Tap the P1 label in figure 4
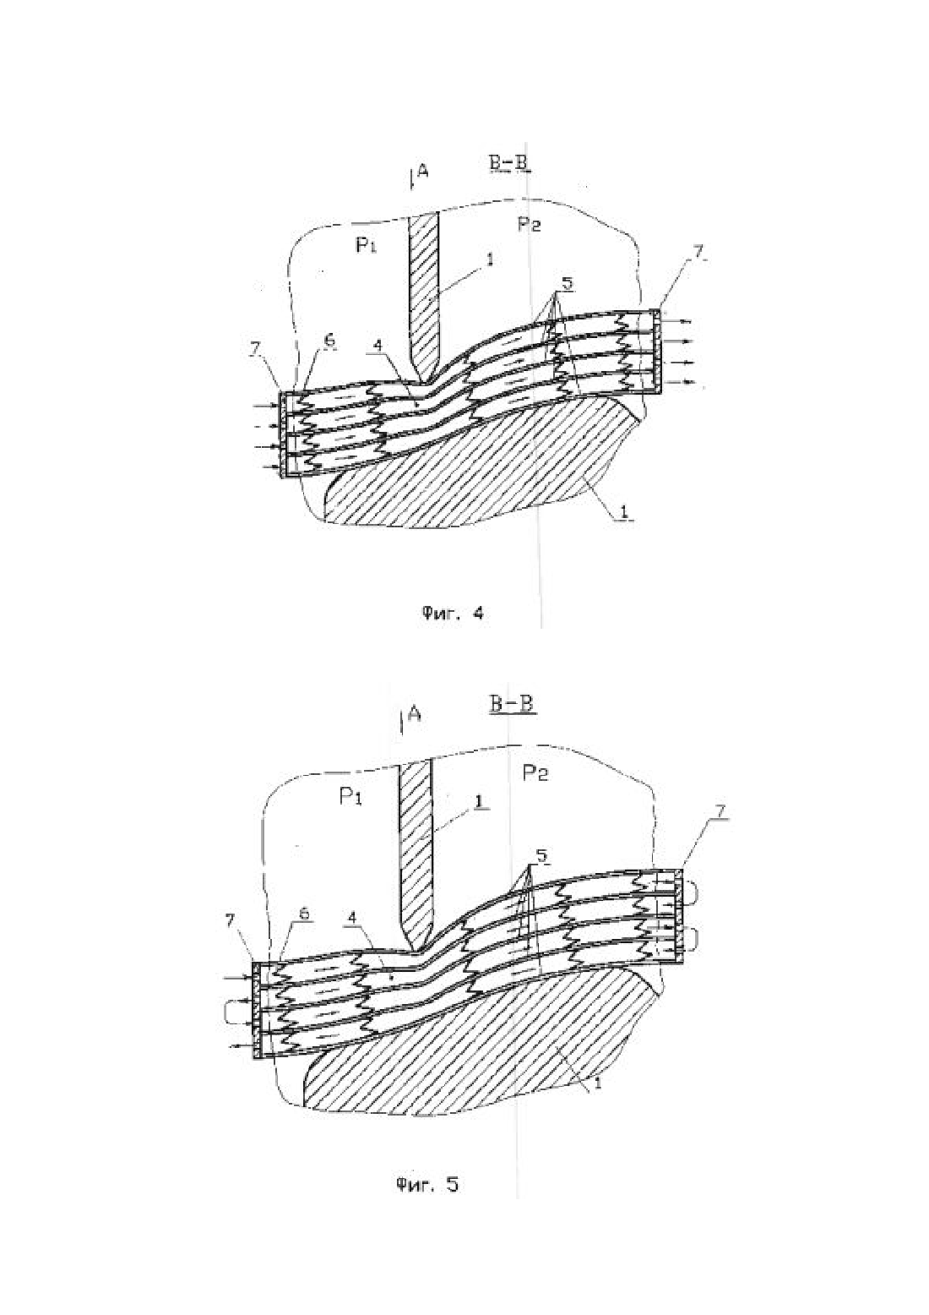[366, 245]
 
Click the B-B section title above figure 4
[509, 164]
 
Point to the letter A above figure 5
[414, 713]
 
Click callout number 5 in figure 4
[568, 284]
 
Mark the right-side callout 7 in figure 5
[720, 810]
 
